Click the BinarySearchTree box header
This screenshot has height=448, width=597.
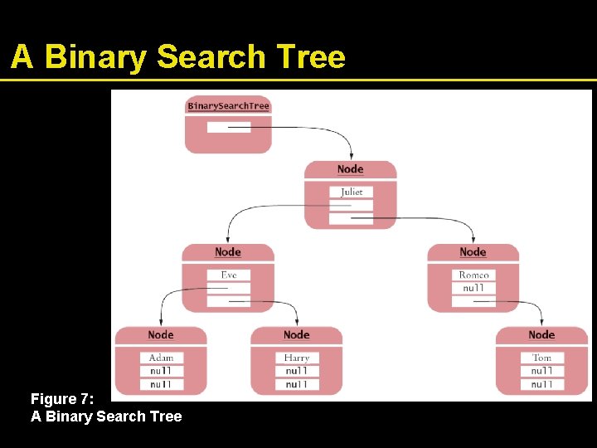tap(228, 106)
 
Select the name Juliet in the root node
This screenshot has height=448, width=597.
tap(351, 192)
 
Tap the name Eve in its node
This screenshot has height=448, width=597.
tap(228, 275)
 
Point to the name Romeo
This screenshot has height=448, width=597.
tap(473, 275)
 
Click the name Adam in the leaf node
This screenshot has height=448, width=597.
tap(161, 358)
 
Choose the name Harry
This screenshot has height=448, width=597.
tap(296, 358)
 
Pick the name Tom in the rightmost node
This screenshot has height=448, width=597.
tap(541, 358)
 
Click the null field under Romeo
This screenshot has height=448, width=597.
tap(473, 288)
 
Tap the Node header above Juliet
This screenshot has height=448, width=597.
tap(351, 169)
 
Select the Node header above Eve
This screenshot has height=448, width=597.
tap(228, 252)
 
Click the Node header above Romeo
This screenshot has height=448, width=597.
tap(473, 252)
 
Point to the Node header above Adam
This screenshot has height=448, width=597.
tap(161, 335)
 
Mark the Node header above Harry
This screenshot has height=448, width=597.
tap(296, 335)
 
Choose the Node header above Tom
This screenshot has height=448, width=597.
tap(541, 335)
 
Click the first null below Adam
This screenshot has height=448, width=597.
tap(161, 371)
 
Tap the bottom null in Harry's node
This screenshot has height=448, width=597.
tap(296, 384)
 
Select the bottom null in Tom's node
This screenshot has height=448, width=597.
tap(541, 384)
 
